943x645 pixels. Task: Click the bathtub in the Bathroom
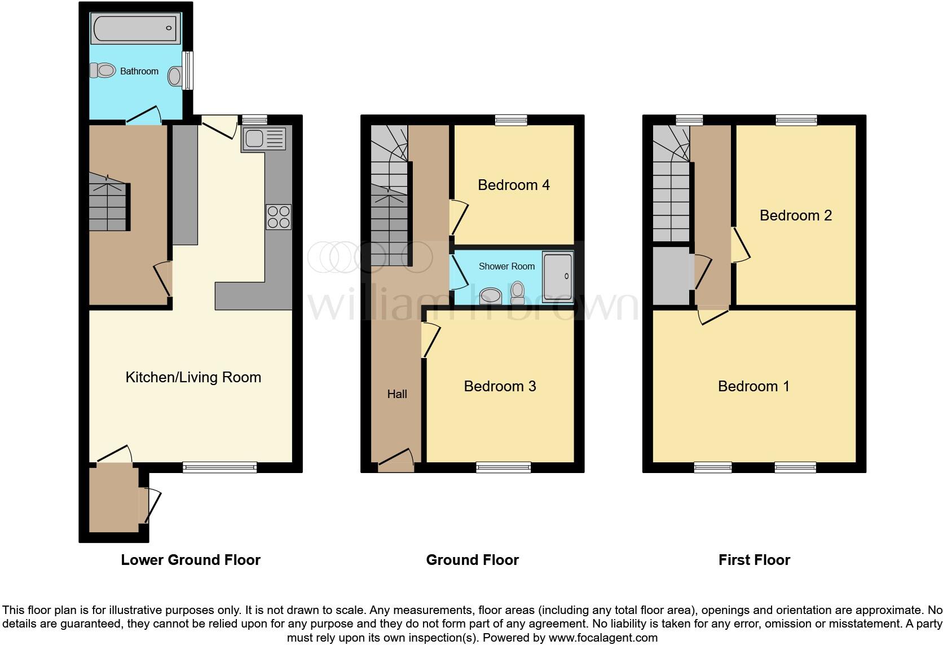click(135, 27)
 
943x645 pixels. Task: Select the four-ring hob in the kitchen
click(279, 217)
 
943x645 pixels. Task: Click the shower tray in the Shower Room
click(558, 275)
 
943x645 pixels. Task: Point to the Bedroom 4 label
click(513, 185)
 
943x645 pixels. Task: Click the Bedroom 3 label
click(500, 386)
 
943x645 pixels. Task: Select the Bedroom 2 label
click(795, 215)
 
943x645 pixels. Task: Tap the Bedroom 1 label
click(753, 386)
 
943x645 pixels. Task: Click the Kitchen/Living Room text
click(193, 377)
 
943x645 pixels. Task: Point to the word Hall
click(396, 394)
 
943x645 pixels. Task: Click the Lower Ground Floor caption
click(191, 560)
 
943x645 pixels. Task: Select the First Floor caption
click(754, 560)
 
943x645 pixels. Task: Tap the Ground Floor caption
click(472, 560)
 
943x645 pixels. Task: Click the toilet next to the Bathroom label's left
click(102, 70)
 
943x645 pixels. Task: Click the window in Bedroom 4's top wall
click(511, 120)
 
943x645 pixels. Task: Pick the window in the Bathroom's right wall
click(188, 70)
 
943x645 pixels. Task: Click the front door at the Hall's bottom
click(396, 461)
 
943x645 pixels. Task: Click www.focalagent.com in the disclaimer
click(603, 638)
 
